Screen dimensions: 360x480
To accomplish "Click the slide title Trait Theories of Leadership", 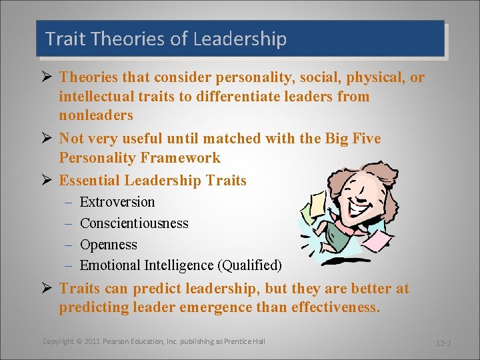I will [166, 39].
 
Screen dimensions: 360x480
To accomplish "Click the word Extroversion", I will [117, 202].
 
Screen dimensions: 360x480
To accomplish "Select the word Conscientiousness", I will [134, 223].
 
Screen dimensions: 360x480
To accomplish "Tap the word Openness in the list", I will [108, 245].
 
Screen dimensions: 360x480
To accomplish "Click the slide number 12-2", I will [443, 343].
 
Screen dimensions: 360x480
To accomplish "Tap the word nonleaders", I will [96, 115].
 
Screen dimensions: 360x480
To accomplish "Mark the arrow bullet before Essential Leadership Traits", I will [47, 181].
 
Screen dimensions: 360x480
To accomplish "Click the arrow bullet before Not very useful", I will [47, 139].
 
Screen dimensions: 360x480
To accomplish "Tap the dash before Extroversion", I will [68, 202].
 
